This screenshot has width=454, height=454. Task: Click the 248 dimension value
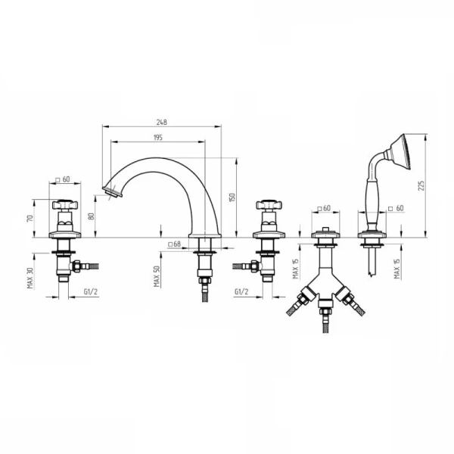tap(162, 122)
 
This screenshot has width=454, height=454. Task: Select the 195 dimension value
tap(158, 138)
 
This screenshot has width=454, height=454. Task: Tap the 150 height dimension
tap(232, 197)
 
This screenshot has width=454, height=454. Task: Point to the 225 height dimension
tap(421, 185)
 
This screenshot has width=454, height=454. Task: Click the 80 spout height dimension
tap(92, 216)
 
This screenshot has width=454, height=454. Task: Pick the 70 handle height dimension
tap(30, 218)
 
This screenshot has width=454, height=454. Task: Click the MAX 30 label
tap(30, 278)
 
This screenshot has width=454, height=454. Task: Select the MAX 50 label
tap(157, 276)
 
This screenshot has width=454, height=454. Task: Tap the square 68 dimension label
tap(174, 244)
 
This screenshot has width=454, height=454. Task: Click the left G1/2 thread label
tap(91, 291)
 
